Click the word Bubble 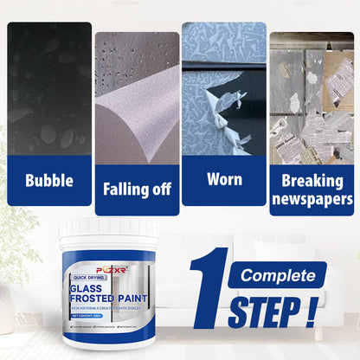click(x=49, y=181)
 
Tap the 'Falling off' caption click(x=137, y=188)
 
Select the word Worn click(x=224, y=178)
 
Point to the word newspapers click(x=312, y=199)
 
